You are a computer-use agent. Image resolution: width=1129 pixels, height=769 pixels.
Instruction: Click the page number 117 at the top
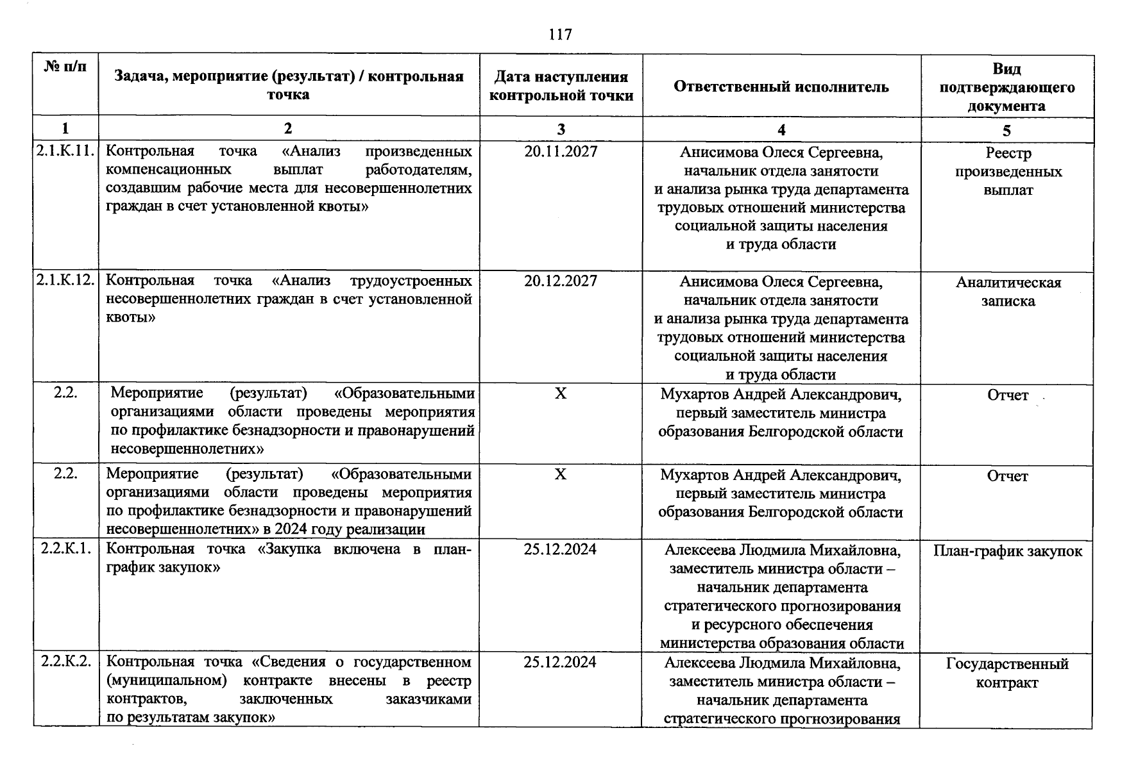click(561, 34)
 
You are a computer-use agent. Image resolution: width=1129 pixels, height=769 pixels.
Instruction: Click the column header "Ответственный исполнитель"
click(781, 87)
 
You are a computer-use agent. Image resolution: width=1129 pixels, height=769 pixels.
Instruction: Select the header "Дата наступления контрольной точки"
click(561, 87)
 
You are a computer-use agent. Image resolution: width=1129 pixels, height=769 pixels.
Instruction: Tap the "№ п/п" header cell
click(65, 66)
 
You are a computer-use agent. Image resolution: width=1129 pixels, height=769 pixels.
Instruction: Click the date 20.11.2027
click(561, 152)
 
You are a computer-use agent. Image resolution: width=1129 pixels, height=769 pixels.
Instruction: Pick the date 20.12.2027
click(561, 281)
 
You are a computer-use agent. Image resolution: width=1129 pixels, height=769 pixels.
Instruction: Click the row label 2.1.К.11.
click(65, 152)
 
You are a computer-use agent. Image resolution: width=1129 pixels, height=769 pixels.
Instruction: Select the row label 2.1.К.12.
click(65, 281)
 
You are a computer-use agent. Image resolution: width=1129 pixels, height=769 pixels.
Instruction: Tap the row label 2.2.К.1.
click(65, 549)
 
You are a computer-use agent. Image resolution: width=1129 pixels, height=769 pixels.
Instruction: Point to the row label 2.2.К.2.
click(65, 662)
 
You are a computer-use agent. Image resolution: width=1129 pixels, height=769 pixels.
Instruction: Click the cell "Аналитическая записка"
click(1008, 292)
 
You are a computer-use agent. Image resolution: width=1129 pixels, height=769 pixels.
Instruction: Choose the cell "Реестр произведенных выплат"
click(1008, 172)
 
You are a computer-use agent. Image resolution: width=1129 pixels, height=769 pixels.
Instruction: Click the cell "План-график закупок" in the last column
click(1007, 551)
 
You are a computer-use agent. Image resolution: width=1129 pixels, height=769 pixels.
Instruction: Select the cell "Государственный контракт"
click(1007, 673)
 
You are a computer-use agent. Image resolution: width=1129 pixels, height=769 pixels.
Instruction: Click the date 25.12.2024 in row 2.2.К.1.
click(560, 549)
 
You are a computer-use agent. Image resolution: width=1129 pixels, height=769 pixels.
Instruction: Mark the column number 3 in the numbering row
click(561, 129)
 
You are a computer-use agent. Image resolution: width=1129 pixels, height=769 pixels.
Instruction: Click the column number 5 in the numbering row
click(1006, 130)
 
